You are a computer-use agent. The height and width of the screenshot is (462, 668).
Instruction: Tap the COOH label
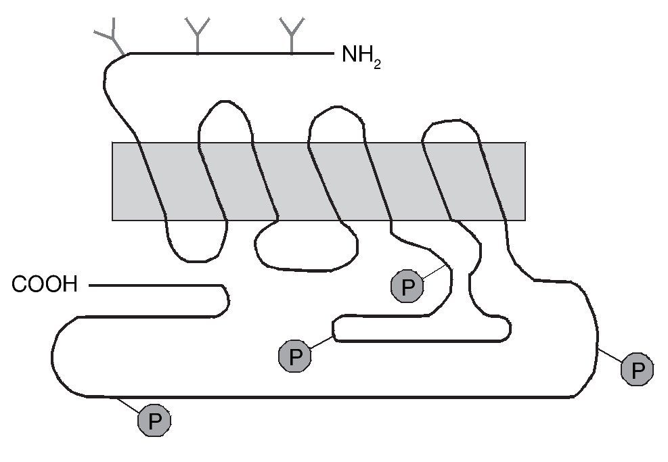tap(45, 285)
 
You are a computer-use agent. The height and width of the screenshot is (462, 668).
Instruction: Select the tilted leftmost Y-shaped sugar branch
tap(110, 37)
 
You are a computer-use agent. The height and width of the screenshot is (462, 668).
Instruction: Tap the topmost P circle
tap(407, 287)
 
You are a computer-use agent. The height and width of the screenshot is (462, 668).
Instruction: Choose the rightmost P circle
tap(637, 369)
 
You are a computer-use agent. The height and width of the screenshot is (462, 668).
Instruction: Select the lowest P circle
tap(155, 421)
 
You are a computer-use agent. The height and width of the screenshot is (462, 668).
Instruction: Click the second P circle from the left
tap(295, 356)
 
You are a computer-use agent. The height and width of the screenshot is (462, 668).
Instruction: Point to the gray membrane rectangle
tap(318, 181)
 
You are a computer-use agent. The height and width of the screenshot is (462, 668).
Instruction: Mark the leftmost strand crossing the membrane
tap(152, 181)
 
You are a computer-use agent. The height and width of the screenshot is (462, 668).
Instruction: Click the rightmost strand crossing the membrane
tap(493, 181)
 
